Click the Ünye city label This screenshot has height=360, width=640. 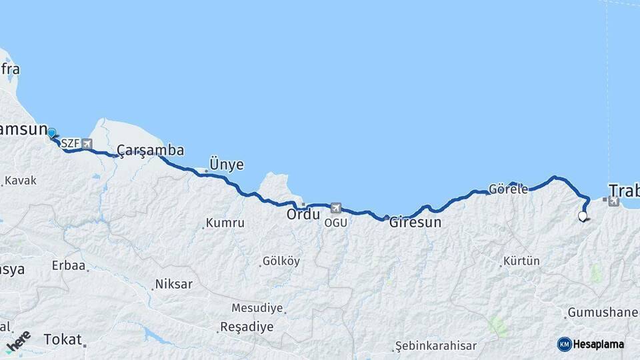pyautogui.click(x=227, y=164)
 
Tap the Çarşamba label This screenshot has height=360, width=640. pyautogui.click(x=151, y=150)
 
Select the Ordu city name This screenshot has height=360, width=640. pyautogui.click(x=303, y=215)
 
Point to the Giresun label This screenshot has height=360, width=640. pyautogui.click(x=415, y=223)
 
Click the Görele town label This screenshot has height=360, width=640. pyautogui.click(x=508, y=189)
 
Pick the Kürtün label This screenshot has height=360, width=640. pyautogui.click(x=521, y=261)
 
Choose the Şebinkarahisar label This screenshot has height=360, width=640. pyautogui.click(x=436, y=345)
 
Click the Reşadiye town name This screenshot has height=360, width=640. pyautogui.click(x=246, y=327)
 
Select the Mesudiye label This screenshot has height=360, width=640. pyautogui.click(x=257, y=308)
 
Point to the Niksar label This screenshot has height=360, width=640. pyautogui.click(x=173, y=284)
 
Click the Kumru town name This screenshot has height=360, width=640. pyautogui.click(x=225, y=223)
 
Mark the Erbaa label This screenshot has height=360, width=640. pyautogui.click(x=69, y=265)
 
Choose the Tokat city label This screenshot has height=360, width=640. pyautogui.click(x=62, y=339)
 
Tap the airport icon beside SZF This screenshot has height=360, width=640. pyautogui.click(x=87, y=143)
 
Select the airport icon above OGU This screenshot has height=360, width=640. pyautogui.click(x=335, y=209)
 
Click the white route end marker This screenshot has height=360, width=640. pyautogui.click(x=583, y=216)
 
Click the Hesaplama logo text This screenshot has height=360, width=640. pyautogui.click(x=599, y=344)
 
